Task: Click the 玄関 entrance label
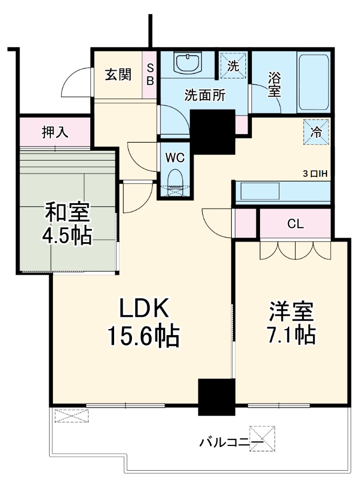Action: point(117,75)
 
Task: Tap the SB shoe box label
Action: point(150,74)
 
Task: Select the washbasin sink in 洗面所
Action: point(187,63)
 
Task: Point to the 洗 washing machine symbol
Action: point(233,66)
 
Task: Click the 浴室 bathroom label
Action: point(275,85)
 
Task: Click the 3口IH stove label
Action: point(316,174)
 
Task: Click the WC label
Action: point(175,158)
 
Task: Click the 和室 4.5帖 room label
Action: point(67,223)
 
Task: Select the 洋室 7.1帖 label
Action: point(291,323)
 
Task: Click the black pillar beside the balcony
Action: point(217,397)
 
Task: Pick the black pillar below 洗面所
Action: point(213,131)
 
